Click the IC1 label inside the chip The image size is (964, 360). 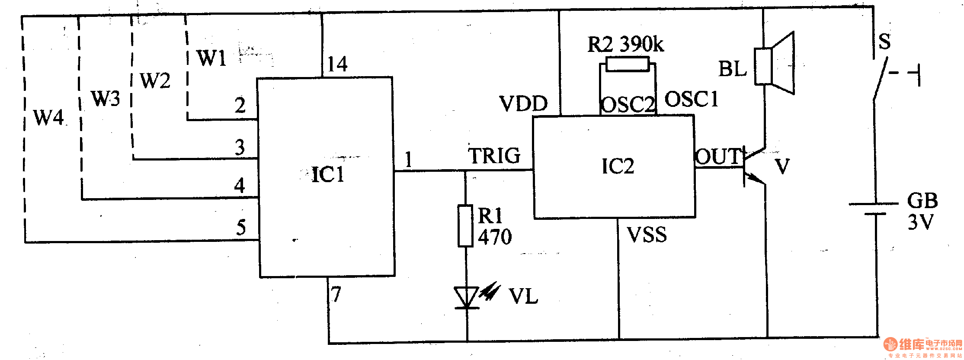point(328,175)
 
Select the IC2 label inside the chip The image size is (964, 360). point(618,166)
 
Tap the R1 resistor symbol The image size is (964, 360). point(465,226)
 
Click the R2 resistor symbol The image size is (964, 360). point(628,64)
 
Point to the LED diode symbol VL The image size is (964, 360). point(467,298)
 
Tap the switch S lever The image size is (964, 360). point(880,80)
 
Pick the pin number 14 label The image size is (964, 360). point(337,64)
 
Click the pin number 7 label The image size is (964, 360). point(336,294)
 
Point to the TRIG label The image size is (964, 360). point(494,156)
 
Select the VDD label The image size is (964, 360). point(523,104)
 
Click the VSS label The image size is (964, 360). point(647,235)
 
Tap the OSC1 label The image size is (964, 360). point(691,100)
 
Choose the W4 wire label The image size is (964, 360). point(48,117)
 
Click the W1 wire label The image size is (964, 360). point(211,58)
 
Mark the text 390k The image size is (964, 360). point(642,44)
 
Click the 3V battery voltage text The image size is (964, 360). point(920,222)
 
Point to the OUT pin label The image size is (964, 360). point(718,157)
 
